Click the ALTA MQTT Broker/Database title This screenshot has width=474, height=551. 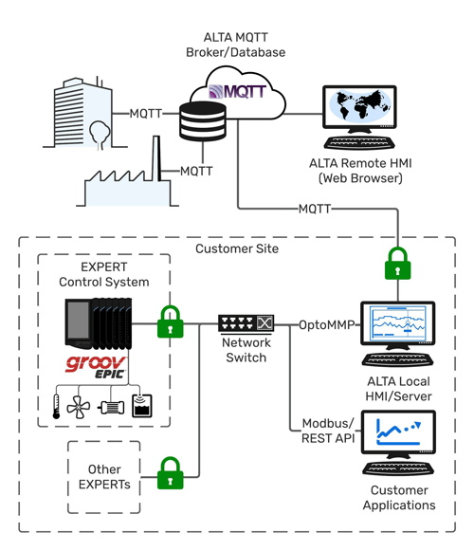click(236, 44)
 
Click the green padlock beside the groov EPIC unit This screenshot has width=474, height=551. click(170, 321)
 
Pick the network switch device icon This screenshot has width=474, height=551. click(246, 323)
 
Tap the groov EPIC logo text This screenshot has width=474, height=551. click(92, 367)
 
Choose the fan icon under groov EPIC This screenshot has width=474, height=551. click(80, 405)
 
